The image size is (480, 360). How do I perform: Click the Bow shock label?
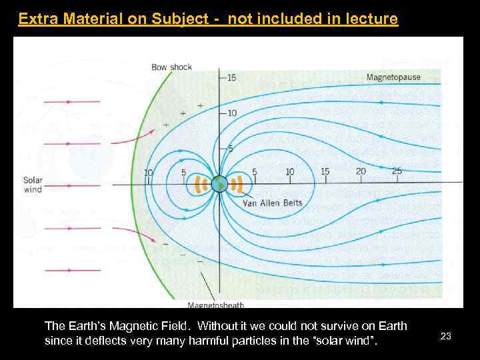tap(171, 67)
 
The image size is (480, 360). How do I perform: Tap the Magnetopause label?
tap(393, 77)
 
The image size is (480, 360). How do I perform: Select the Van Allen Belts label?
tap(272, 203)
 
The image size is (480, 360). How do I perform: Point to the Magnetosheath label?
tap(215, 305)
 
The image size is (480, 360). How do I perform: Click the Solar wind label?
tap(33, 185)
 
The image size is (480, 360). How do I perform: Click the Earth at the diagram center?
tap(219, 183)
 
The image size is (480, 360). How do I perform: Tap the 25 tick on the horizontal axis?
tap(397, 171)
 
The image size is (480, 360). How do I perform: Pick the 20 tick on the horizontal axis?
tap(361, 171)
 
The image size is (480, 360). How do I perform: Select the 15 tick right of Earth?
tap(325, 171)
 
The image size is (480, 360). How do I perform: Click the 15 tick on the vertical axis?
tap(231, 78)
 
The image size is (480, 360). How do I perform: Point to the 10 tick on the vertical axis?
tap(231, 113)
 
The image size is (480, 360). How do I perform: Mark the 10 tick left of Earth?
tap(148, 173)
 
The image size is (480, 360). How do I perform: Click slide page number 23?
tap(446, 337)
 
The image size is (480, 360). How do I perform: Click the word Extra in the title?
tap(35, 19)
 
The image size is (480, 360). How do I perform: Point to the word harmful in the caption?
tap(254, 342)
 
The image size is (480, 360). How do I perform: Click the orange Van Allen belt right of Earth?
tap(236, 184)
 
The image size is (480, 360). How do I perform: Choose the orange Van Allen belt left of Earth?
tap(201, 184)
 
